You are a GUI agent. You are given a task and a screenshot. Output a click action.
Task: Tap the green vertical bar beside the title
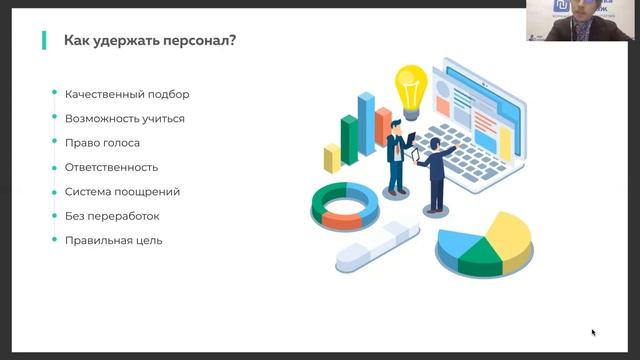44,41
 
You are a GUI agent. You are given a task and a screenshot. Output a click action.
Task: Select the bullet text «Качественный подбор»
127,94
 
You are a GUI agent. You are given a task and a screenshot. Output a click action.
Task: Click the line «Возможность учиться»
124,119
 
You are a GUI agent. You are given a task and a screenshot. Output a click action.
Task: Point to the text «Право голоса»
102,143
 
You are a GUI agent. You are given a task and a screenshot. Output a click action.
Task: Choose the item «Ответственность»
111,167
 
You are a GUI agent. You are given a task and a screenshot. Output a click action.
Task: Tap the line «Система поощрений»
122,191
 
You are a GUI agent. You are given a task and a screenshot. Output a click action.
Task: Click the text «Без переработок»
112,216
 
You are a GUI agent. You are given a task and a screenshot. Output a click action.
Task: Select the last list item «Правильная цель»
113,240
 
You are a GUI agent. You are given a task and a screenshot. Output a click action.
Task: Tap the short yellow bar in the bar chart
332,158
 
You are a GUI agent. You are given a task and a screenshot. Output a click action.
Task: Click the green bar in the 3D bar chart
349,142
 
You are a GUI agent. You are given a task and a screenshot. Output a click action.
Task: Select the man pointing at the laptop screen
435,172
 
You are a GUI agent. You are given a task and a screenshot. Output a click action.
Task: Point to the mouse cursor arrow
593,332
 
